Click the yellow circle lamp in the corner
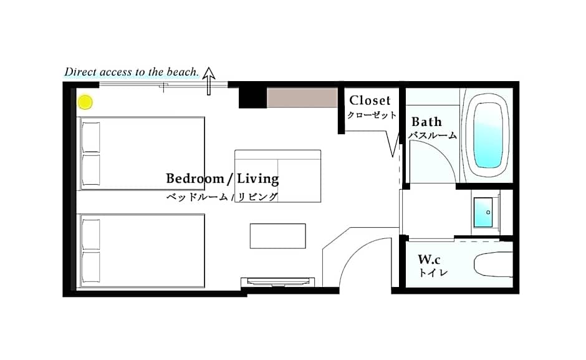(x=85, y=102)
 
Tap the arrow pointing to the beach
(x=209, y=81)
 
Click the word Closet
(x=370, y=100)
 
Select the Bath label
(x=426, y=122)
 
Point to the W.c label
(x=429, y=259)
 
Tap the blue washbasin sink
(x=483, y=212)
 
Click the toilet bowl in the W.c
(x=493, y=264)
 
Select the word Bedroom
(x=195, y=178)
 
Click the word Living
(x=258, y=178)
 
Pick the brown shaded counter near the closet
(x=302, y=98)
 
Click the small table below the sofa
(x=277, y=236)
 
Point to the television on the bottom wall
(x=277, y=282)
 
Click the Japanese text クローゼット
(x=372, y=115)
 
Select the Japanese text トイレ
(x=433, y=273)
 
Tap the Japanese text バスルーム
(x=433, y=135)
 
